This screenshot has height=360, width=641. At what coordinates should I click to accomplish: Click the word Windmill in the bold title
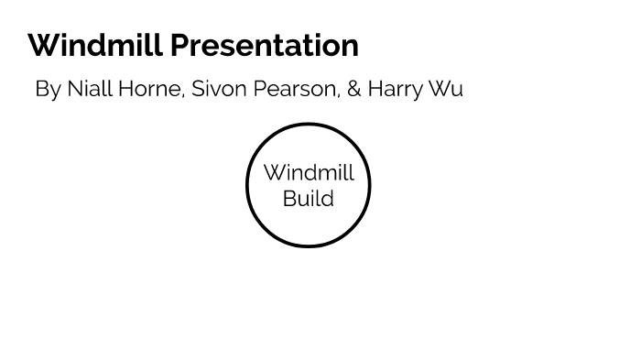pos(96,45)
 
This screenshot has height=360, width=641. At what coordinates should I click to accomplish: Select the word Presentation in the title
pos(265,45)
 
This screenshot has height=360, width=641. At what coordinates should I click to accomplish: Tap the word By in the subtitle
pos(48,89)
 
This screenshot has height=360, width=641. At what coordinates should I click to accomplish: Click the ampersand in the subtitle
pos(353,89)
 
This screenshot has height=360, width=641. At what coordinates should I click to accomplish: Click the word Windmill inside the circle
pos(309,173)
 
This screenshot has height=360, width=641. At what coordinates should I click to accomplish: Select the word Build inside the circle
pos(309,199)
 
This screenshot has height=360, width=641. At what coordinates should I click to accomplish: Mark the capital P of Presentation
pos(179,45)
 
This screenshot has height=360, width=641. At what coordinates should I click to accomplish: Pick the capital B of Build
pos(289,199)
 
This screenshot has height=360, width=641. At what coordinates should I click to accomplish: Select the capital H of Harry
pos(375,89)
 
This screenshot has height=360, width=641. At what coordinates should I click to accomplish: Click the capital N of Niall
pos(74,89)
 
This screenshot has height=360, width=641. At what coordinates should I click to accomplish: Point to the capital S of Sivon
pos(197,89)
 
